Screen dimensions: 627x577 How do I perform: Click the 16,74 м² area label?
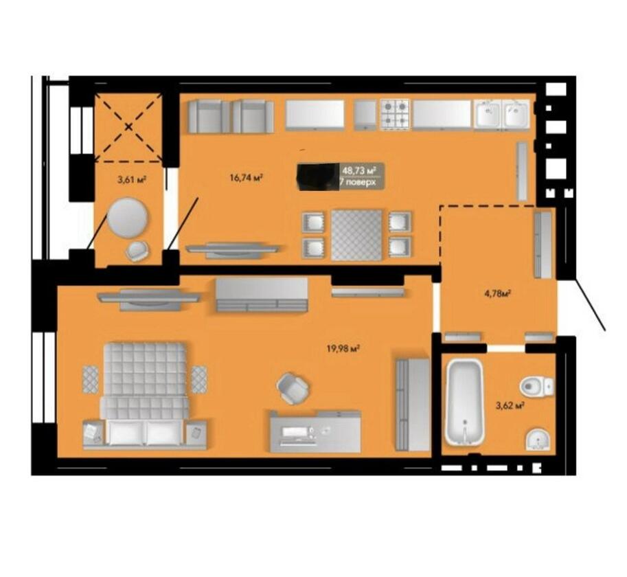(246, 177)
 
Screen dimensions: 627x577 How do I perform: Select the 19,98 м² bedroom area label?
(344, 349)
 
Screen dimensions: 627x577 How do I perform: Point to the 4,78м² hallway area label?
(498, 294)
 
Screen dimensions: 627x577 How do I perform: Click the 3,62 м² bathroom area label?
(510, 406)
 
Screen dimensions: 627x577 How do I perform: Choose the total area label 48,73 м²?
(359, 170)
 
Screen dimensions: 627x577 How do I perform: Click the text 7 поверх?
(358, 182)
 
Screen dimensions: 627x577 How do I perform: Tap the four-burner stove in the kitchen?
(395, 114)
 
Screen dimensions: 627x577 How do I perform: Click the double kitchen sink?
(502, 114)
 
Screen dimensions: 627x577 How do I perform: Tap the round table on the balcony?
(128, 217)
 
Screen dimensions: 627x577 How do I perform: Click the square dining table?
(356, 235)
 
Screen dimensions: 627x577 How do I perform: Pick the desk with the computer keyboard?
(315, 431)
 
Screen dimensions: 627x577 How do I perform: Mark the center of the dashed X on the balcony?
(128, 127)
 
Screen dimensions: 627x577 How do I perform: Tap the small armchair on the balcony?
(137, 251)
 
